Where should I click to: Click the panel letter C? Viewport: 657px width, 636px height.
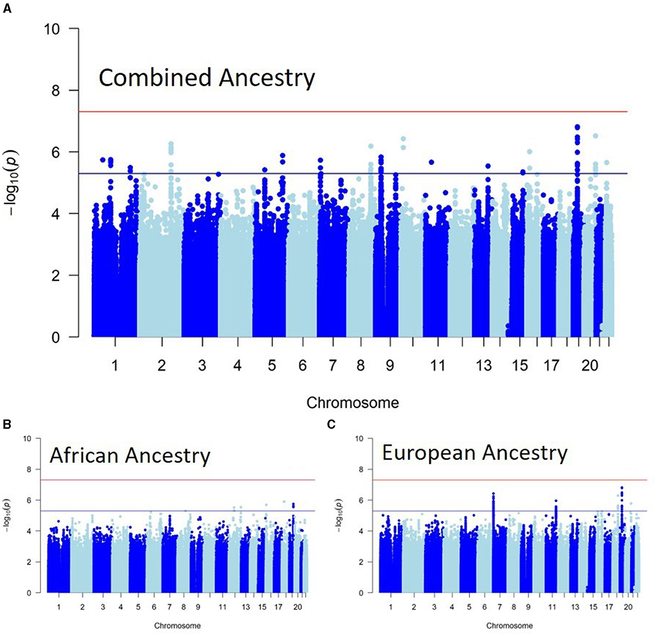332,424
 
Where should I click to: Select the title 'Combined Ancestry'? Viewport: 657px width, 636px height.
207,78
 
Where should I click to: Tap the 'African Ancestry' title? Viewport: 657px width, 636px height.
130,455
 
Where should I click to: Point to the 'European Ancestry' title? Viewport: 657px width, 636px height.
474,453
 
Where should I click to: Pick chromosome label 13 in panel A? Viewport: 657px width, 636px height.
483,366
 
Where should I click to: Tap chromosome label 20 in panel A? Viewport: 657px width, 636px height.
590,366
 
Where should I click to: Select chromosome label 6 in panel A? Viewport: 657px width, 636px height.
303,366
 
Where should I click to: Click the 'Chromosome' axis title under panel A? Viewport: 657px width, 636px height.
353,403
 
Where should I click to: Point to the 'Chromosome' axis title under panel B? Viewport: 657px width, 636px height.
177,625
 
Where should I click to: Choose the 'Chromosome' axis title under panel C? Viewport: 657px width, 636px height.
509,625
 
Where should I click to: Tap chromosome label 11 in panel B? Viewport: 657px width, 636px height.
223,607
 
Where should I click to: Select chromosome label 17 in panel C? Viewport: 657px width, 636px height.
609,607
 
